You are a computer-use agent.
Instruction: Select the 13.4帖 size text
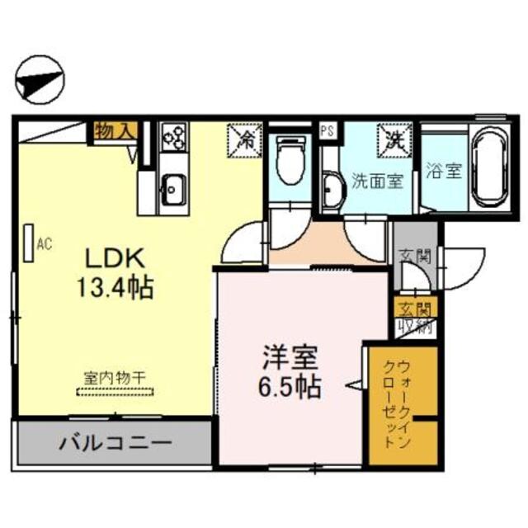click(x=115, y=288)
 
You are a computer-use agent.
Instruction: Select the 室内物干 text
click(x=115, y=377)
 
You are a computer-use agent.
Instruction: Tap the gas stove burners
click(x=173, y=136)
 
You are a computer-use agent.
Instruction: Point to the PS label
click(x=327, y=130)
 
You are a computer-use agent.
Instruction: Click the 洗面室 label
click(x=377, y=180)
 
